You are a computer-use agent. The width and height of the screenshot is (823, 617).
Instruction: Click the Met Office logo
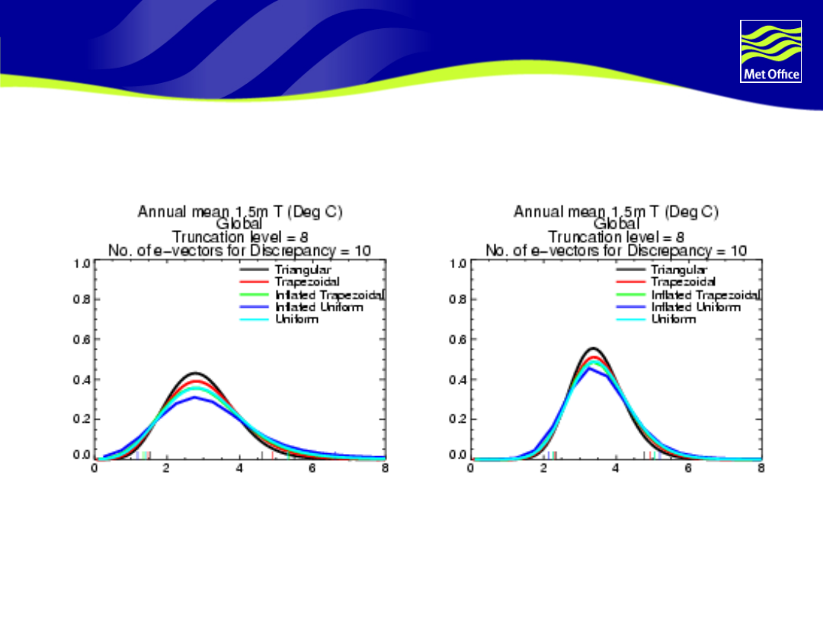770,51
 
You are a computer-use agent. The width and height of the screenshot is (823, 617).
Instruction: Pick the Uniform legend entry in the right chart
674,319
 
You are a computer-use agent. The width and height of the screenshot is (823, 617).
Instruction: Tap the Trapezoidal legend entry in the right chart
683,282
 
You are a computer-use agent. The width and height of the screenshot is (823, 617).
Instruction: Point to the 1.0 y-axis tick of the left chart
82,264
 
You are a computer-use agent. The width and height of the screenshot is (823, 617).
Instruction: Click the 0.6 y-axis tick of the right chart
458,339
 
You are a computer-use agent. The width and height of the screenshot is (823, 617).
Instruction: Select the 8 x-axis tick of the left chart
385,468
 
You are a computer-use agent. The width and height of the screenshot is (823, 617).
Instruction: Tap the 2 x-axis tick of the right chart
543,468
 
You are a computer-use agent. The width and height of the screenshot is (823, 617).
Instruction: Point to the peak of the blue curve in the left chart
196,397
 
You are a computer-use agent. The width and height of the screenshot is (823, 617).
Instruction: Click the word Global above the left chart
239,224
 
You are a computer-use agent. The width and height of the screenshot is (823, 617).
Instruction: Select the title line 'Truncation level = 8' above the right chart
616,237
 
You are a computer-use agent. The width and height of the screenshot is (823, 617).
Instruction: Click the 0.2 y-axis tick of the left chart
82,419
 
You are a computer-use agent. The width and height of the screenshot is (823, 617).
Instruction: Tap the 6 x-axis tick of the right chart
689,468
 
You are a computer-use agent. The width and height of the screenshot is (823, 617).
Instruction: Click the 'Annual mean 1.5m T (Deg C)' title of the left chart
239,212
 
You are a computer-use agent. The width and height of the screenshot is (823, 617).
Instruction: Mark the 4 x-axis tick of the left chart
239,468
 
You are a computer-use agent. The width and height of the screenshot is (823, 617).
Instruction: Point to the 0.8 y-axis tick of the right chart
458,299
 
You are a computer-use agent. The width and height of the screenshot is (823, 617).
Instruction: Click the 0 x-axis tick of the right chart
471,468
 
